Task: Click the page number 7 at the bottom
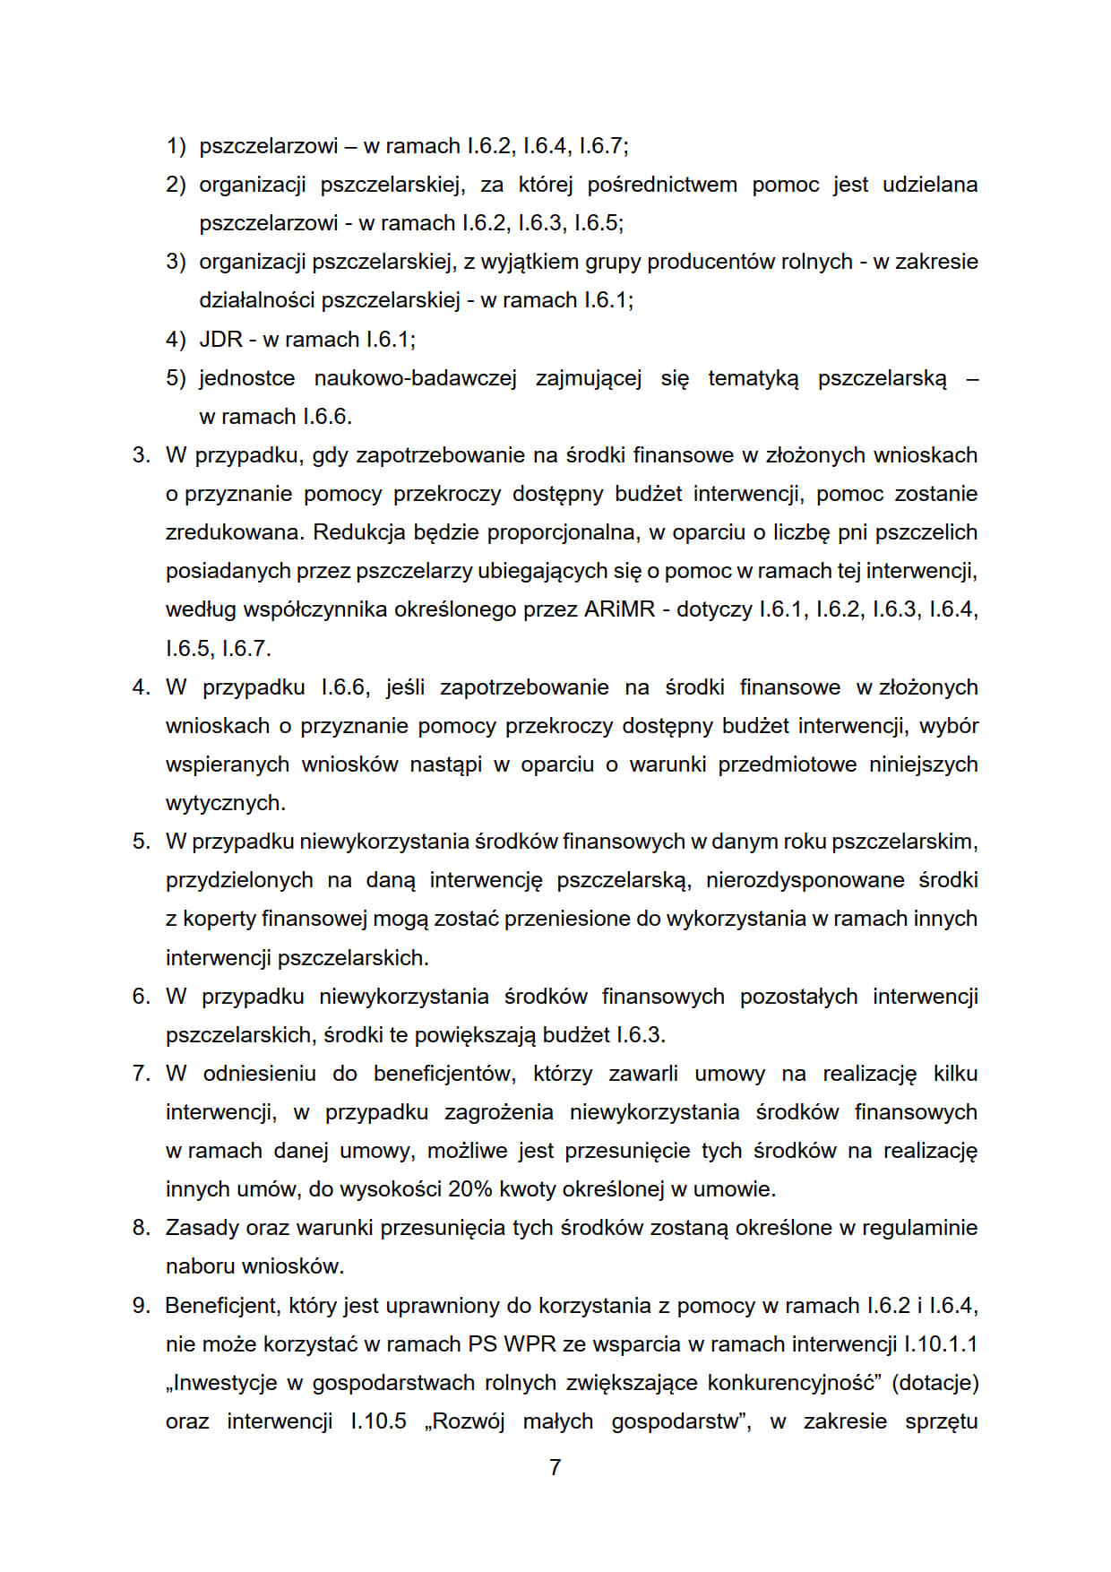pyautogui.click(x=555, y=1467)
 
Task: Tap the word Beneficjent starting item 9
pyautogui.click(x=222, y=1306)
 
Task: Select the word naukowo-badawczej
pyautogui.click(x=415, y=378)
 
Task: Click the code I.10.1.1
pyautogui.click(x=941, y=1344)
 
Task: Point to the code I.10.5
pyautogui.click(x=378, y=1421)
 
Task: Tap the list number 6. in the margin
pyautogui.click(x=142, y=997)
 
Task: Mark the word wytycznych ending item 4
pyautogui.click(x=225, y=803)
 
